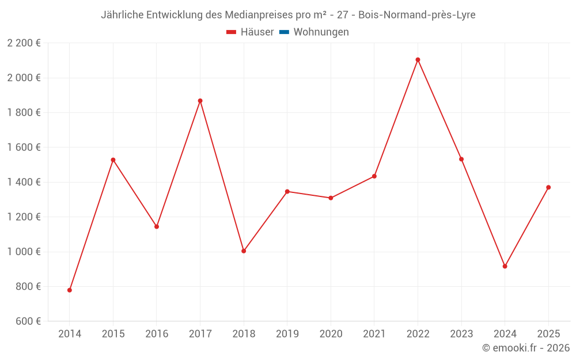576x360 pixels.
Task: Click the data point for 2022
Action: pyautogui.click(x=418, y=60)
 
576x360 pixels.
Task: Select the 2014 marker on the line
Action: pyautogui.click(x=70, y=290)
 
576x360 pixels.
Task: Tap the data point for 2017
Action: pyautogui.click(x=200, y=101)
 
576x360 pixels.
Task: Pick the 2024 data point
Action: pyautogui.click(x=505, y=266)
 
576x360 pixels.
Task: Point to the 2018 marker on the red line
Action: pyautogui.click(x=244, y=251)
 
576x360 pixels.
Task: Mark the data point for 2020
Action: pyautogui.click(x=331, y=198)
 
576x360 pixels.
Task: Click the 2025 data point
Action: pyautogui.click(x=548, y=187)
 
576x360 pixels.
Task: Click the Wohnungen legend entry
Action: pyautogui.click(x=321, y=32)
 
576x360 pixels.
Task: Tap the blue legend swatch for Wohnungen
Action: pyautogui.click(x=284, y=32)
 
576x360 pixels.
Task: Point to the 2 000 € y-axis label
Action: pyautogui.click(x=24, y=78)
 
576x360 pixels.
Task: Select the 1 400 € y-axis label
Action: pyautogui.click(x=24, y=182)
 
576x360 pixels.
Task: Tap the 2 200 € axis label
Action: pyautogui.click(x=24, y=43)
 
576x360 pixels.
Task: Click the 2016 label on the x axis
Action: pyautogui.click(x=157, y=334)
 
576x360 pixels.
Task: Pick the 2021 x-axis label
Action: pyautogui.click(x=374, y=334)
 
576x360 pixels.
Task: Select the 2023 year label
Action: pyautogui.click(x=461, y=334)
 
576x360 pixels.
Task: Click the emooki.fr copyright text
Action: pyautogui.click(x=526, y=348)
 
